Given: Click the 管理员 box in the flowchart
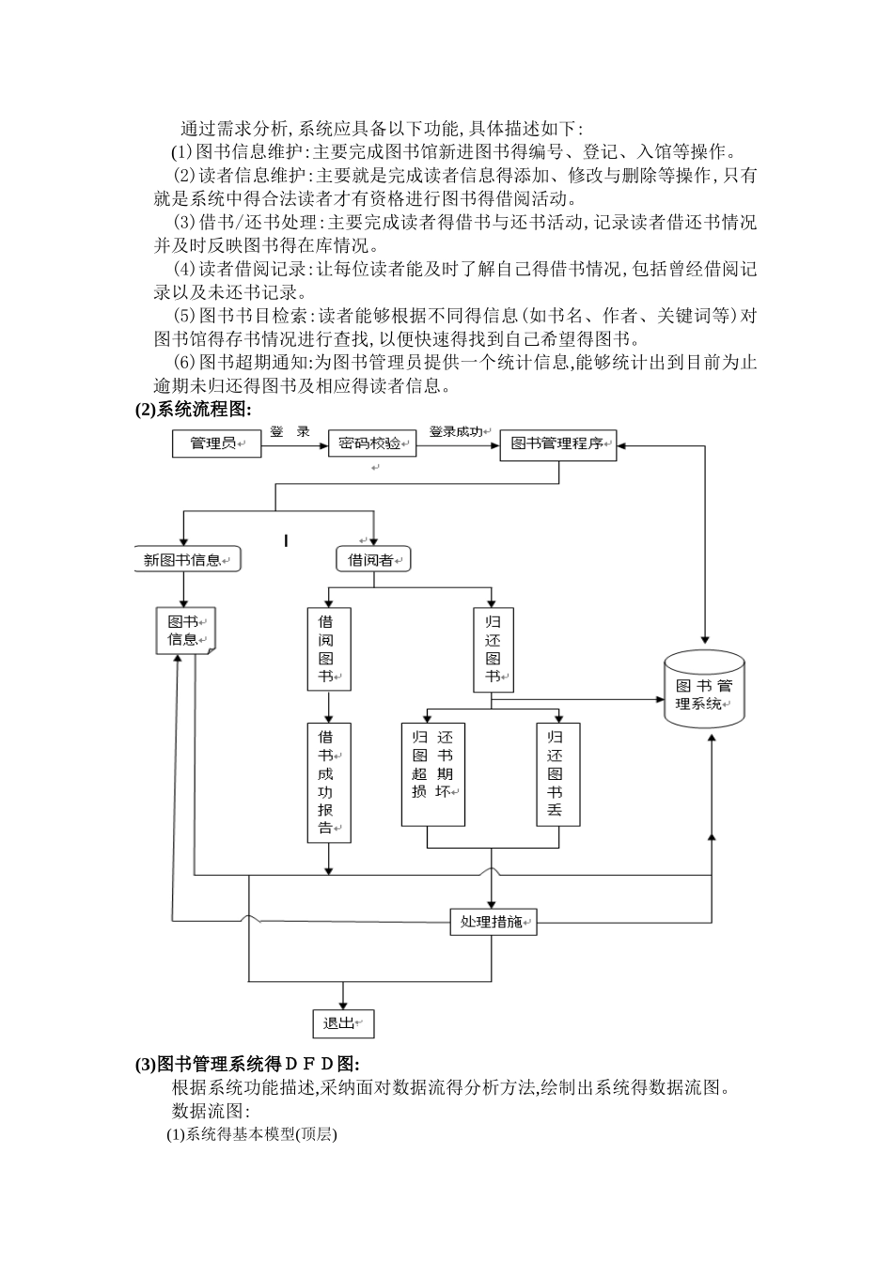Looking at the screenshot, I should coord(215,444).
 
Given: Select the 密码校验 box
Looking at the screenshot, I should coord(371,444).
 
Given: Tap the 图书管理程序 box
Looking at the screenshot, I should coord(558,444).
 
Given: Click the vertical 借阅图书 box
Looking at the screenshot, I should coord(329,648).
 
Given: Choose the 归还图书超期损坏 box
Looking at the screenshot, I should coord(433,774).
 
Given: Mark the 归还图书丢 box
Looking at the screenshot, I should coord(558,774).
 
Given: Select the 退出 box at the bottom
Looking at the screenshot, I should coord(343,1023).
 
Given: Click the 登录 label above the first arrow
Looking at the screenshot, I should coord(290,432).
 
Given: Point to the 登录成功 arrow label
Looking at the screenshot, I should coord(457,432).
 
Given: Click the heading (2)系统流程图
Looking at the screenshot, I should coord(194,409).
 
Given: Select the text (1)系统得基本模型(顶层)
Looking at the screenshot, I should coord(252,1134).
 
